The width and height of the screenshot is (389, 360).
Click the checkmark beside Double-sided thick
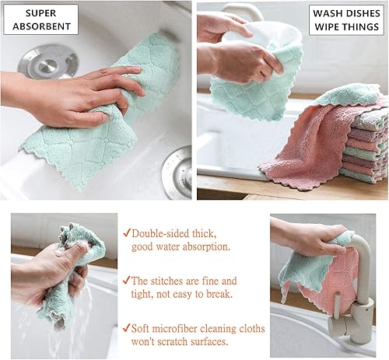pos(126,233)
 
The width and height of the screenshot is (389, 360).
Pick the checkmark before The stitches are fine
pos(126,281)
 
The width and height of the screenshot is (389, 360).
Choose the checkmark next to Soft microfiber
pos(126,329)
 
